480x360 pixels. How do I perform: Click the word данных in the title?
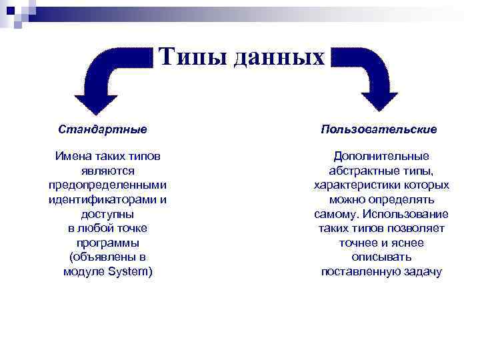click(280, 58)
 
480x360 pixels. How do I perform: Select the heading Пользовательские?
click(379, 128)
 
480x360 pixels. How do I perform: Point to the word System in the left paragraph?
click(130, 272)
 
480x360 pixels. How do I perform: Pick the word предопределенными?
click(107, 185)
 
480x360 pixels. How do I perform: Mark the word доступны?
click(107, 214)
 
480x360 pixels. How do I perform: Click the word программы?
click(107, 243)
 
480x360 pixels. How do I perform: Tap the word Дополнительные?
click(381, 157)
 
